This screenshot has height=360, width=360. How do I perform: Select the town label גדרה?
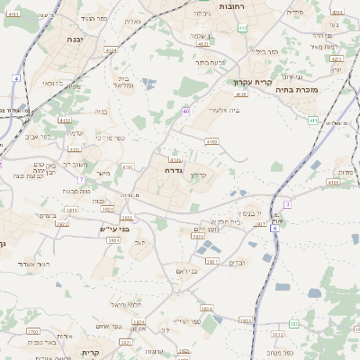[174, 169]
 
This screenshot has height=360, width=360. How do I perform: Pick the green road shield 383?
[293, 324]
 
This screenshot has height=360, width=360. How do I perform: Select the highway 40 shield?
[186, 112]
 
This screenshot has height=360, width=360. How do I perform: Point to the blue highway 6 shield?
[274, 229]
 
